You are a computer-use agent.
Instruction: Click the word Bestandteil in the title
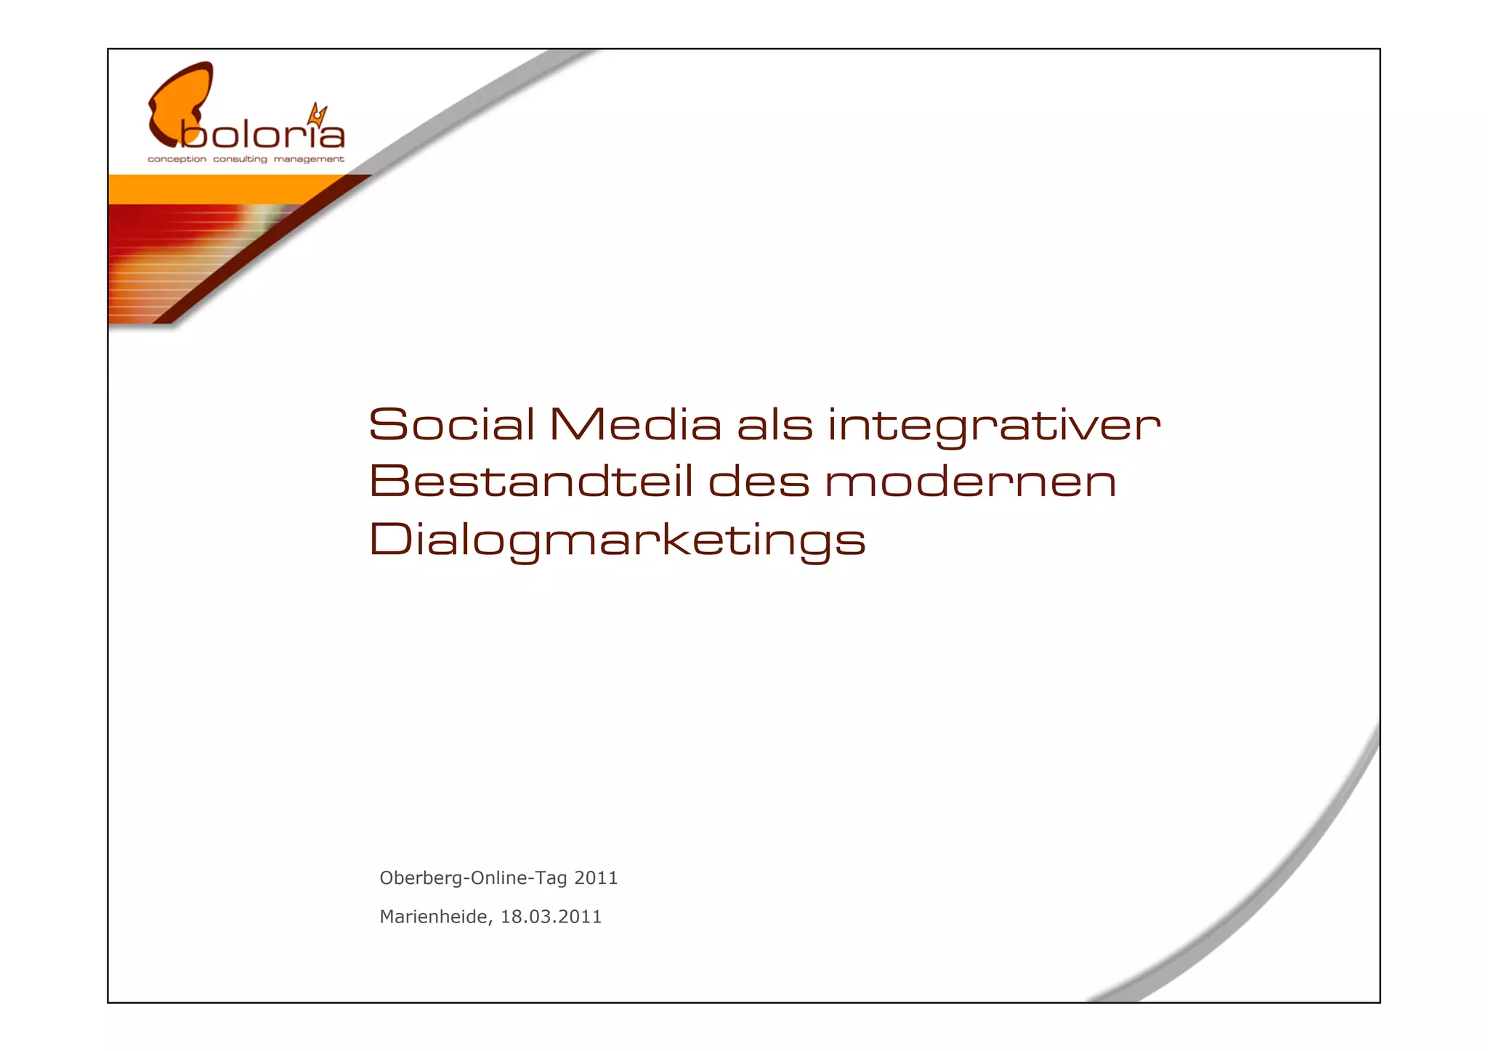[530, 482]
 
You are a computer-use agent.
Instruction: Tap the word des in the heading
[759, 482]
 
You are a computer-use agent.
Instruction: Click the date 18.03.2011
[551, 917]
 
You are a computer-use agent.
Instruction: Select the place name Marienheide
[434, 917]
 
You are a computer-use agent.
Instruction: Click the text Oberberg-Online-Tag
[473, 878]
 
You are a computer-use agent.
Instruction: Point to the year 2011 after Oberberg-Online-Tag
[596, 878]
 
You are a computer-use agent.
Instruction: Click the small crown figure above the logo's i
[318, 114]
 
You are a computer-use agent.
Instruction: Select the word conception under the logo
[177, 159]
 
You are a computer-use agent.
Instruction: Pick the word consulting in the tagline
[240, 159]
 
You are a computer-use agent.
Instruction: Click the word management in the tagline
[309, 159]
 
